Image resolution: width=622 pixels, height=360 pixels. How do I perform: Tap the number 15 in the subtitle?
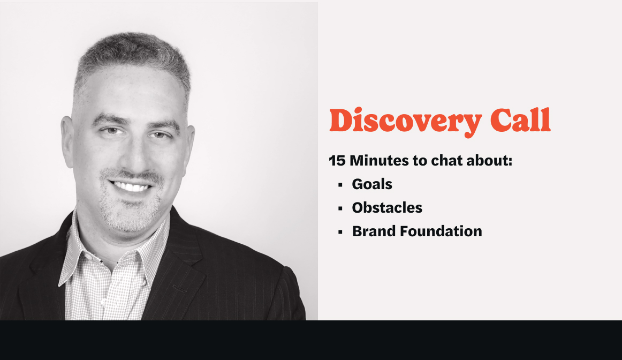(x=337, y=160)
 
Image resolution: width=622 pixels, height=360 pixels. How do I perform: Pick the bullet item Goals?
(x=372, y=184)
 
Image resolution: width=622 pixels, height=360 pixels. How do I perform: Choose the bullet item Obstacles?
(x=387, y=208)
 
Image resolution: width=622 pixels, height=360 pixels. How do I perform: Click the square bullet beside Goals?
(x=340, y=185)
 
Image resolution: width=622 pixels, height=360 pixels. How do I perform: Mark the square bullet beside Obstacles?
(x=340, y=209)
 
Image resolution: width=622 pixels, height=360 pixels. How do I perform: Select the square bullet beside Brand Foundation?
(x=340, y=232)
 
